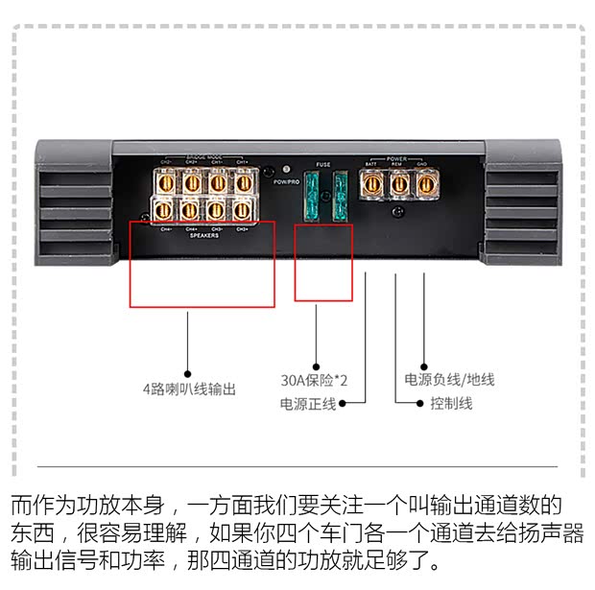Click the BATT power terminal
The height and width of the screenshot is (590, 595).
(x=370, y=181)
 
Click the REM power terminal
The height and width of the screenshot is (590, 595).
(x=397, y=181)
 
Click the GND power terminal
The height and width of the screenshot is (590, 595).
(x=424, y=181)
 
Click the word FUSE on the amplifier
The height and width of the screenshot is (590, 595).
(x=323, y=165)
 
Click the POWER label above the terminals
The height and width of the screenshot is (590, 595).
(x=397, y=158)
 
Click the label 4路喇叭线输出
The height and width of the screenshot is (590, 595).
(x=188, y=389)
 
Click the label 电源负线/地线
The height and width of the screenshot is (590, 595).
(x=449, y=379)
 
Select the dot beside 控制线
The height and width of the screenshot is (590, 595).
(x=420, y=404)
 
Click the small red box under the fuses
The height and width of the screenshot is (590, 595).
(x=323, y=262)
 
